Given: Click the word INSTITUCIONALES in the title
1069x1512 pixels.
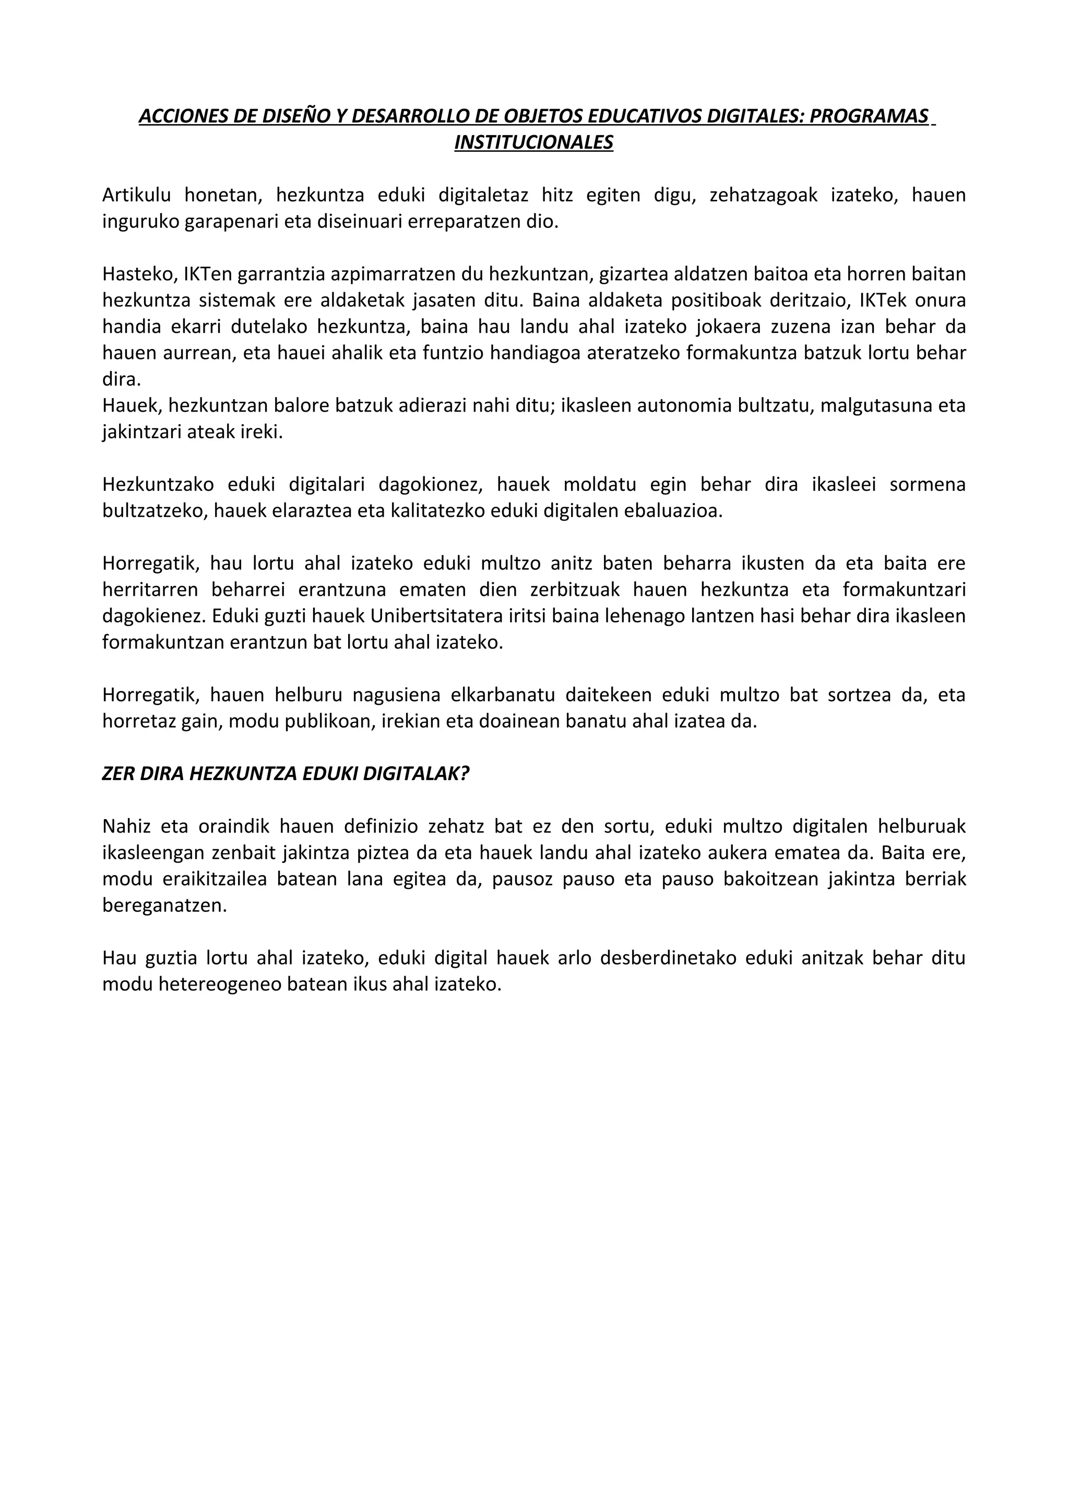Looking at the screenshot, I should click(533, 142).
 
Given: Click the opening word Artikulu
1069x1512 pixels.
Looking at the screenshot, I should click(136, 195).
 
